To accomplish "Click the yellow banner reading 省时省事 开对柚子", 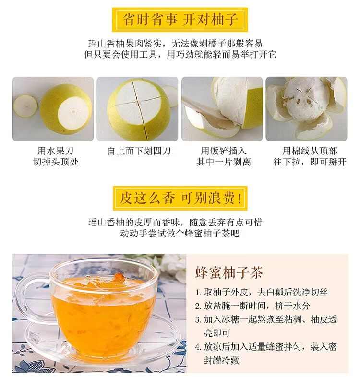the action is [x=180, y=20].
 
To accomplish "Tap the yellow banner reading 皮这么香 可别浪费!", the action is [x=180, y=198].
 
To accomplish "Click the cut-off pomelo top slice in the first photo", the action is [x=25, y=106].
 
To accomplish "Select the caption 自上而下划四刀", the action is [x=139, y=151].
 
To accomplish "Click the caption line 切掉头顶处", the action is [x=56, y=162].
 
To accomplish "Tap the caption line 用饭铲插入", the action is [x=224, y=151].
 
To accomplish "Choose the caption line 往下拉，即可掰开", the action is [x=310, y=162].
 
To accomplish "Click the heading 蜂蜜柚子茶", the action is [x=229, y=272].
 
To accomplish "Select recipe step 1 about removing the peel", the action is [x=262, y=292].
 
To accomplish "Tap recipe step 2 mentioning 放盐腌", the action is [x=252, y=306].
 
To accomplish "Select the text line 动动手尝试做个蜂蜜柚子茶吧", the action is [x=180, y=234].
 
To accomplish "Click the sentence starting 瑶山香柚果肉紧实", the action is [x=175, y=44].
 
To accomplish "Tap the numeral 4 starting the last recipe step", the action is [x=198, y=347].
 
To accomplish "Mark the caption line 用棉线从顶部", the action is [x=310, y=151].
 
